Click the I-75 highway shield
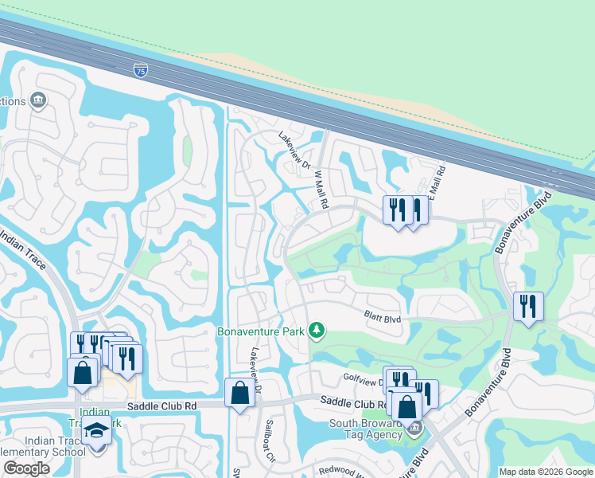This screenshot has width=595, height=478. [x=140, y=70]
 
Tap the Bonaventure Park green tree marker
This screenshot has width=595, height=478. [x=317, y=330]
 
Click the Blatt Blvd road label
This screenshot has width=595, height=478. [x=383, y=318]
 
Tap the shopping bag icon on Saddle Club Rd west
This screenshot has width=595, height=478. [x=239, y=393]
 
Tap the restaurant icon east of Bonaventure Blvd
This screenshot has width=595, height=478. [x=528, y=307]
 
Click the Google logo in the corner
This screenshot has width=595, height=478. [x=26, y=468]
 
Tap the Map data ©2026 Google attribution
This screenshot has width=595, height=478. [x=546, y=472]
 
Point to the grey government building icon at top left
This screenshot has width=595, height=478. [x=38, y=100]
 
